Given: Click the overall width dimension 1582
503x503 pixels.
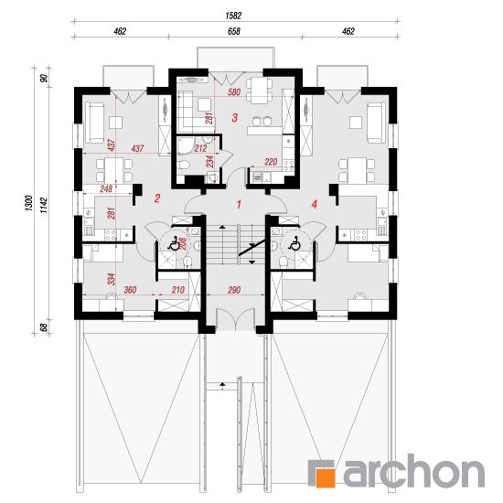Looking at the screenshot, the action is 233,16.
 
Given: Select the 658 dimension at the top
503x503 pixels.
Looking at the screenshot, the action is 234,31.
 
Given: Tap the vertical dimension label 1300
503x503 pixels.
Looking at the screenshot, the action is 29,203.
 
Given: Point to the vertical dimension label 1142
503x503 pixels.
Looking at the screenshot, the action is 44,205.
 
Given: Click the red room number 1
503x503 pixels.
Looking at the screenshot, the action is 239,204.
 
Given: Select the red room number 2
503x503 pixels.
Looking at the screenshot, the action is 157,198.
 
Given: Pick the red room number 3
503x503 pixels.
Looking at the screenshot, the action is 235,117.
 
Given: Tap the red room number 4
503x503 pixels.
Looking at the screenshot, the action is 315,204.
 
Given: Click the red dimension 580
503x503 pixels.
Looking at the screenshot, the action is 234,92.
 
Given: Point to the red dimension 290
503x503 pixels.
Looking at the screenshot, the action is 234,290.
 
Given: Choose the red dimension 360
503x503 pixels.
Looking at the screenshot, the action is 130,290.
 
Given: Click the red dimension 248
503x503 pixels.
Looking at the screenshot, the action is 106,188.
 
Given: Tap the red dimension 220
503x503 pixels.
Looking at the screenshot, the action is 271,162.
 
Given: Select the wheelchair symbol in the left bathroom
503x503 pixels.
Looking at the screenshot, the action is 174,243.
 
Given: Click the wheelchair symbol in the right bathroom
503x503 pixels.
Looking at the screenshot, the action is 294,243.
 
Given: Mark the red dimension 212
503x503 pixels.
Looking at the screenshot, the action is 200,148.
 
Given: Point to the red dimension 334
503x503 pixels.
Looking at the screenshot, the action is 111,279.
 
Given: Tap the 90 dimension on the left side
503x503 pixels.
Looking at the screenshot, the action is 44,78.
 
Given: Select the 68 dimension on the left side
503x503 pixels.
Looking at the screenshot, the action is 44,327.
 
